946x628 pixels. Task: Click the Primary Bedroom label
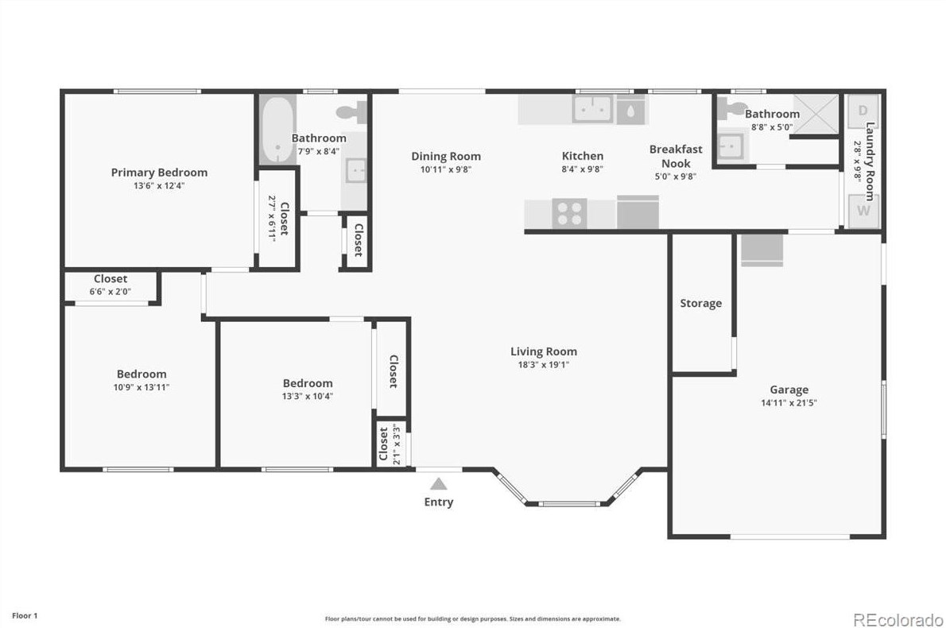(159, 173)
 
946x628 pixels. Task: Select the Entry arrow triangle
(438, 483)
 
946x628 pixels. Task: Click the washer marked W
(863, 211)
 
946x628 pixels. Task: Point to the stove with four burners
(569, 214)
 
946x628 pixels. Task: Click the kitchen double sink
(592, 110)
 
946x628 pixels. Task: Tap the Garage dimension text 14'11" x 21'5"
(789, 403)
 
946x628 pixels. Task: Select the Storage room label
(701, 303)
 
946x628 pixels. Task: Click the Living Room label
(544, 351)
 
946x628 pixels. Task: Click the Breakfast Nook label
(676, 156)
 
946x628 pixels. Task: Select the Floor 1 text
(24, 615)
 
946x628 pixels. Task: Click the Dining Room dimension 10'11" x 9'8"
(446, 169)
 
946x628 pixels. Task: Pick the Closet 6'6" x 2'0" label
(110, 279)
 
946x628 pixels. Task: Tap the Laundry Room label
(870, 161)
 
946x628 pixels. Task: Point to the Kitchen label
(583, 156)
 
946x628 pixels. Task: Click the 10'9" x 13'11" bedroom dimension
(142, 387)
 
